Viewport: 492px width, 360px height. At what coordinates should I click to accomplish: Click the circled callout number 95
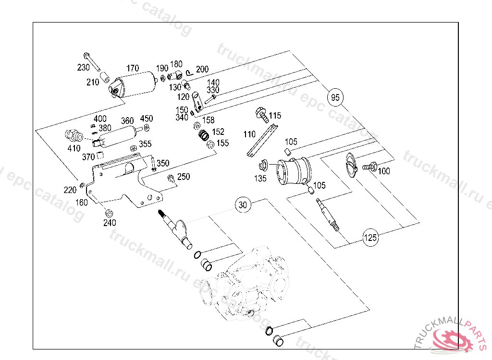[335, 97]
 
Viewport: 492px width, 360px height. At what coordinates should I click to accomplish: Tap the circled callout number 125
[370, 237]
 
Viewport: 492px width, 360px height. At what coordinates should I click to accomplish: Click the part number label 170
[132, 68]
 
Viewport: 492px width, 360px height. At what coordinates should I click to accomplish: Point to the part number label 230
[84, 68]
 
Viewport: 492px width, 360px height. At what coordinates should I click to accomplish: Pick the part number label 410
[74, 148]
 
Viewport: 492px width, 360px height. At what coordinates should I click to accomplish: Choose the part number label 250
[184, 177]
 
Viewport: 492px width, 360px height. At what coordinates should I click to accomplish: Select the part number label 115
[275, 116]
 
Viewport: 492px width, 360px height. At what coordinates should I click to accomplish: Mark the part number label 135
[260, 179]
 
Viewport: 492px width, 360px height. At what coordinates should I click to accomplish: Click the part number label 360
[127, 120]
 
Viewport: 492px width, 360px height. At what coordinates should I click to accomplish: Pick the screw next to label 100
[369, 167]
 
